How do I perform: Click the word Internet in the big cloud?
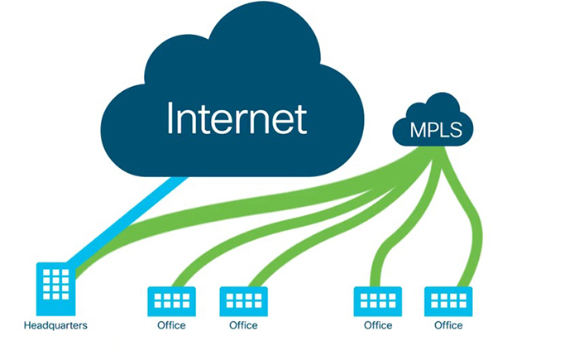click(237, 118)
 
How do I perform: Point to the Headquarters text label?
click(55, 325)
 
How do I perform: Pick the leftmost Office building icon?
click(171, 301)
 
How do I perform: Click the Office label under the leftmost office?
click(171, 325)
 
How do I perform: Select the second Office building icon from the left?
click(242, 301)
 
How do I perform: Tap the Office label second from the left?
click(242, 325)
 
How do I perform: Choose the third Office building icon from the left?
click(377, 301)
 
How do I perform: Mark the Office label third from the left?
click(377, 325)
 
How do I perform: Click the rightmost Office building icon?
click(448, 301)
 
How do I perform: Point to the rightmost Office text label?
click(448, 325)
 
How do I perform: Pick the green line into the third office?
click(382, 248)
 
